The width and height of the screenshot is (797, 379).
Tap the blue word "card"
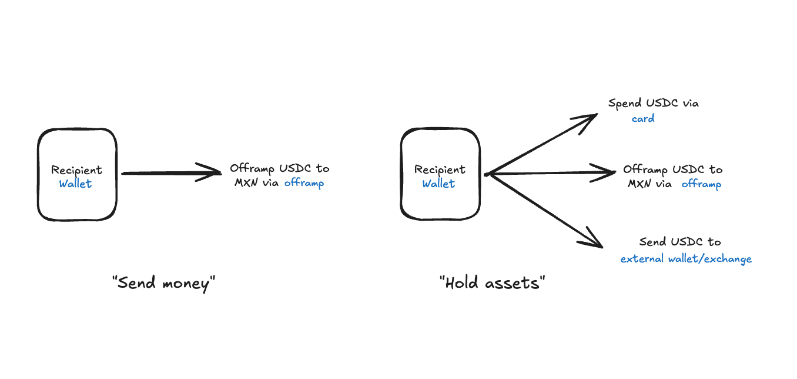[643, 119]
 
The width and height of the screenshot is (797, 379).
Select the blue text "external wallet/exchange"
[686, 259]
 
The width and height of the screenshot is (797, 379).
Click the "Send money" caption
[164, 283]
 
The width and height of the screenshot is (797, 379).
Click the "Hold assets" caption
[493, 283]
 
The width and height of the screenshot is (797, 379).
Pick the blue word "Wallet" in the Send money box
[75, 184]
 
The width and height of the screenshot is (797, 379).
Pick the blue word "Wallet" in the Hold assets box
[438, 184]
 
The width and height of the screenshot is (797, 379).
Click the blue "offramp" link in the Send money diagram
[304, 183]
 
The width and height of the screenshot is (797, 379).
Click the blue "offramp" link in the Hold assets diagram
[702, 184]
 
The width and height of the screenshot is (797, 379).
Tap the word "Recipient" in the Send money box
[76, 170]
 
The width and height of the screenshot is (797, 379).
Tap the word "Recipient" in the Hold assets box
[440, 170]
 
